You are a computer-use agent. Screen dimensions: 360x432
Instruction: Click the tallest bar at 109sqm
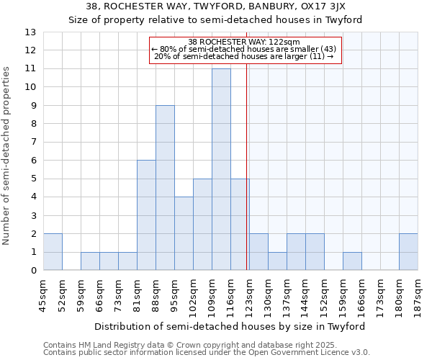pyautogui.click(x=221, y=169)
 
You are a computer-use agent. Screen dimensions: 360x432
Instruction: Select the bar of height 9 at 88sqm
pyautogui.click(x=165, y=188)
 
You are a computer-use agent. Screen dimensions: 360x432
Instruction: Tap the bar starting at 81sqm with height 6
pyautogui.click(x=146, y=215)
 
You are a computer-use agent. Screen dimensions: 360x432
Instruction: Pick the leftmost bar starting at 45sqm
pyautogui.click(x=53, y=252)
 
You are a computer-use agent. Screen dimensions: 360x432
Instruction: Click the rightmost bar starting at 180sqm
pyautogui.click(x=408, y=252)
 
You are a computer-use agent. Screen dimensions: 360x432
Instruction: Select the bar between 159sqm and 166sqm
pyautogui.click(x=352, y=261)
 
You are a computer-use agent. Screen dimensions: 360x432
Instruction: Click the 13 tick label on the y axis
pyautogui.click(x=30, y=32)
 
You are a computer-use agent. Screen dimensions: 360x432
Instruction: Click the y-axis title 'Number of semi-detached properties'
pyautogui.click(x=7, y=155)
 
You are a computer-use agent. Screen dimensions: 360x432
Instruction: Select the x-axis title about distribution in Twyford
pyautogui.click(x=230, y=326)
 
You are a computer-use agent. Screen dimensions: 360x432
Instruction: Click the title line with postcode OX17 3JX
pyautogui.click(x=217, y=6)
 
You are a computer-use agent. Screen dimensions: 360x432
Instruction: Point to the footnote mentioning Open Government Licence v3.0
pyautogui.click(x=207, y=353)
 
